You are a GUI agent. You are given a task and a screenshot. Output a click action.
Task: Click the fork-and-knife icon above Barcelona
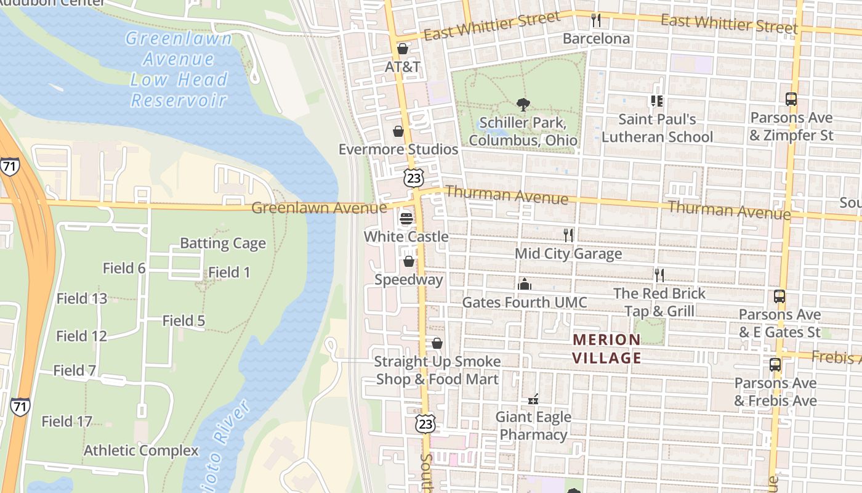(x=595, y=20)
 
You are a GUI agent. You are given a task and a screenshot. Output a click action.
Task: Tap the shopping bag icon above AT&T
(x=403, y=48)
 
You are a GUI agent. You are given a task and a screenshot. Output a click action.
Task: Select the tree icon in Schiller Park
(x=523, y=104)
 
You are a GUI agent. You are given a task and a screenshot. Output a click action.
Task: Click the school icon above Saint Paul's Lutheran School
(x=656, y=100)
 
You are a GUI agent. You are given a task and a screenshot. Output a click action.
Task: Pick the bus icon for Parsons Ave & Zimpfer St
(x=791, y=99)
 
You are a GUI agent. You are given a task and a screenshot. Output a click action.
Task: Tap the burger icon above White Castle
(x=406, y=218)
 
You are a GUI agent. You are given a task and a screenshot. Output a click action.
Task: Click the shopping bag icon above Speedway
(x=408, y=261)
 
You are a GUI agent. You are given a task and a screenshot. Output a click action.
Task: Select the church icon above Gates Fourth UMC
(x=525, y=284)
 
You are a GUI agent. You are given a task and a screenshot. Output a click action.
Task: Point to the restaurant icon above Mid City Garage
(x=568, y=235)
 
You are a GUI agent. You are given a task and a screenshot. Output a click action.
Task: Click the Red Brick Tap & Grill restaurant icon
(x=659, y=275)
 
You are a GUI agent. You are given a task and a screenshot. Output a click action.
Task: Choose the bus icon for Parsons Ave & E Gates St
(x=779, y=296)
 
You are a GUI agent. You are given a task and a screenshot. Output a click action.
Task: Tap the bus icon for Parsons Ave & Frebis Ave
(x=775, y=365)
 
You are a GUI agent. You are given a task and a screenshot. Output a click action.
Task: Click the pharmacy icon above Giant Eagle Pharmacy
(x=533, y=399)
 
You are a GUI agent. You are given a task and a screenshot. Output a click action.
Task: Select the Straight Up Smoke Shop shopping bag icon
(x=437, y=343)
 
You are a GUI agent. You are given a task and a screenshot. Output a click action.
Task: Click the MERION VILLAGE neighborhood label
(x=607, y=349)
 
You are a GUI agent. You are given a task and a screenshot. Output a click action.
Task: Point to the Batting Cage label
(x=223, y=243)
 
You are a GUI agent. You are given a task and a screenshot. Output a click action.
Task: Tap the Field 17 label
(x=67, y=422)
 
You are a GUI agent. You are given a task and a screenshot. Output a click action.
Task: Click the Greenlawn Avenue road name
(x=319, y=208)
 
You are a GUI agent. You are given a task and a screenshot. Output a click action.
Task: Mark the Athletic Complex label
(x=141, y=450)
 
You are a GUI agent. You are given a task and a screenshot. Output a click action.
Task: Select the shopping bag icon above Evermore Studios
(x=398, y=131)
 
